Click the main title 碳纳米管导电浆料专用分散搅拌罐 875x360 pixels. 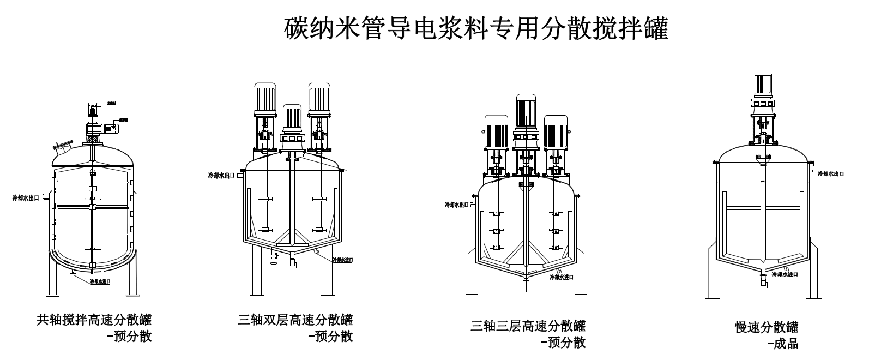[x=475, y=29]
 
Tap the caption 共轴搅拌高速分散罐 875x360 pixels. [x=94, y=320]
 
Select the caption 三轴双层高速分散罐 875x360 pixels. [x=295, y=320]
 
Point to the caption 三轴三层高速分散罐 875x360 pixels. [x=528, y=326]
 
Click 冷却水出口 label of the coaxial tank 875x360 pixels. [x=26, y=198]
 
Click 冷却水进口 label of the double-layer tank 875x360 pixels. [x=342, y=260]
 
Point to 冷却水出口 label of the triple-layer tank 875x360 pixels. [x=457, y=205]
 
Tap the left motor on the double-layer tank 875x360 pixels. [x=265, y=100]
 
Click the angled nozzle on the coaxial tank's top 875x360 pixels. [x=63, y=146]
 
